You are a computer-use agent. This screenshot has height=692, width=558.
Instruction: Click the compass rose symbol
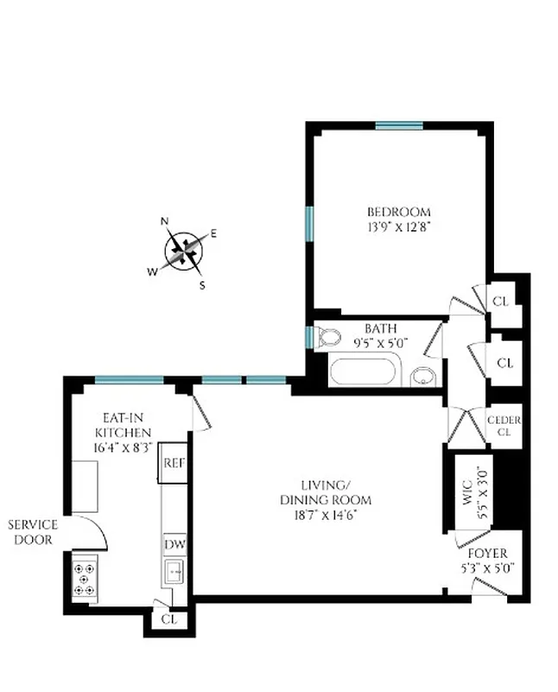[x=185, y=252]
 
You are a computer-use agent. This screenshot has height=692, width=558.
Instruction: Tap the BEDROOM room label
[x=398, y=212]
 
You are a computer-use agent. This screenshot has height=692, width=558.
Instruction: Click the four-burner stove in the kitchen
[x=84, y=578]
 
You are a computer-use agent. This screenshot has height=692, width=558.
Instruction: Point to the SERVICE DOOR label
[x=34, y=532]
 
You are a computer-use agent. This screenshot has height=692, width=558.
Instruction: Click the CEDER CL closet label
[x=504, y=426]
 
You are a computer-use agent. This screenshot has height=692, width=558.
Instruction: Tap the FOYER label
[x=487, y=554]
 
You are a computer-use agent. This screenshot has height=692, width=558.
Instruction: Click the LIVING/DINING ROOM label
[x=325, y=492]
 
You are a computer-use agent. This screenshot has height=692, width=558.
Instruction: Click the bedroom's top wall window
[x=399, y=125]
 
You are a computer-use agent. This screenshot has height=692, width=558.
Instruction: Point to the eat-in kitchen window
[x=129, y=378]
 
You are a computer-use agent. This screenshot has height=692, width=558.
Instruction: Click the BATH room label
[x=380, y=329]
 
